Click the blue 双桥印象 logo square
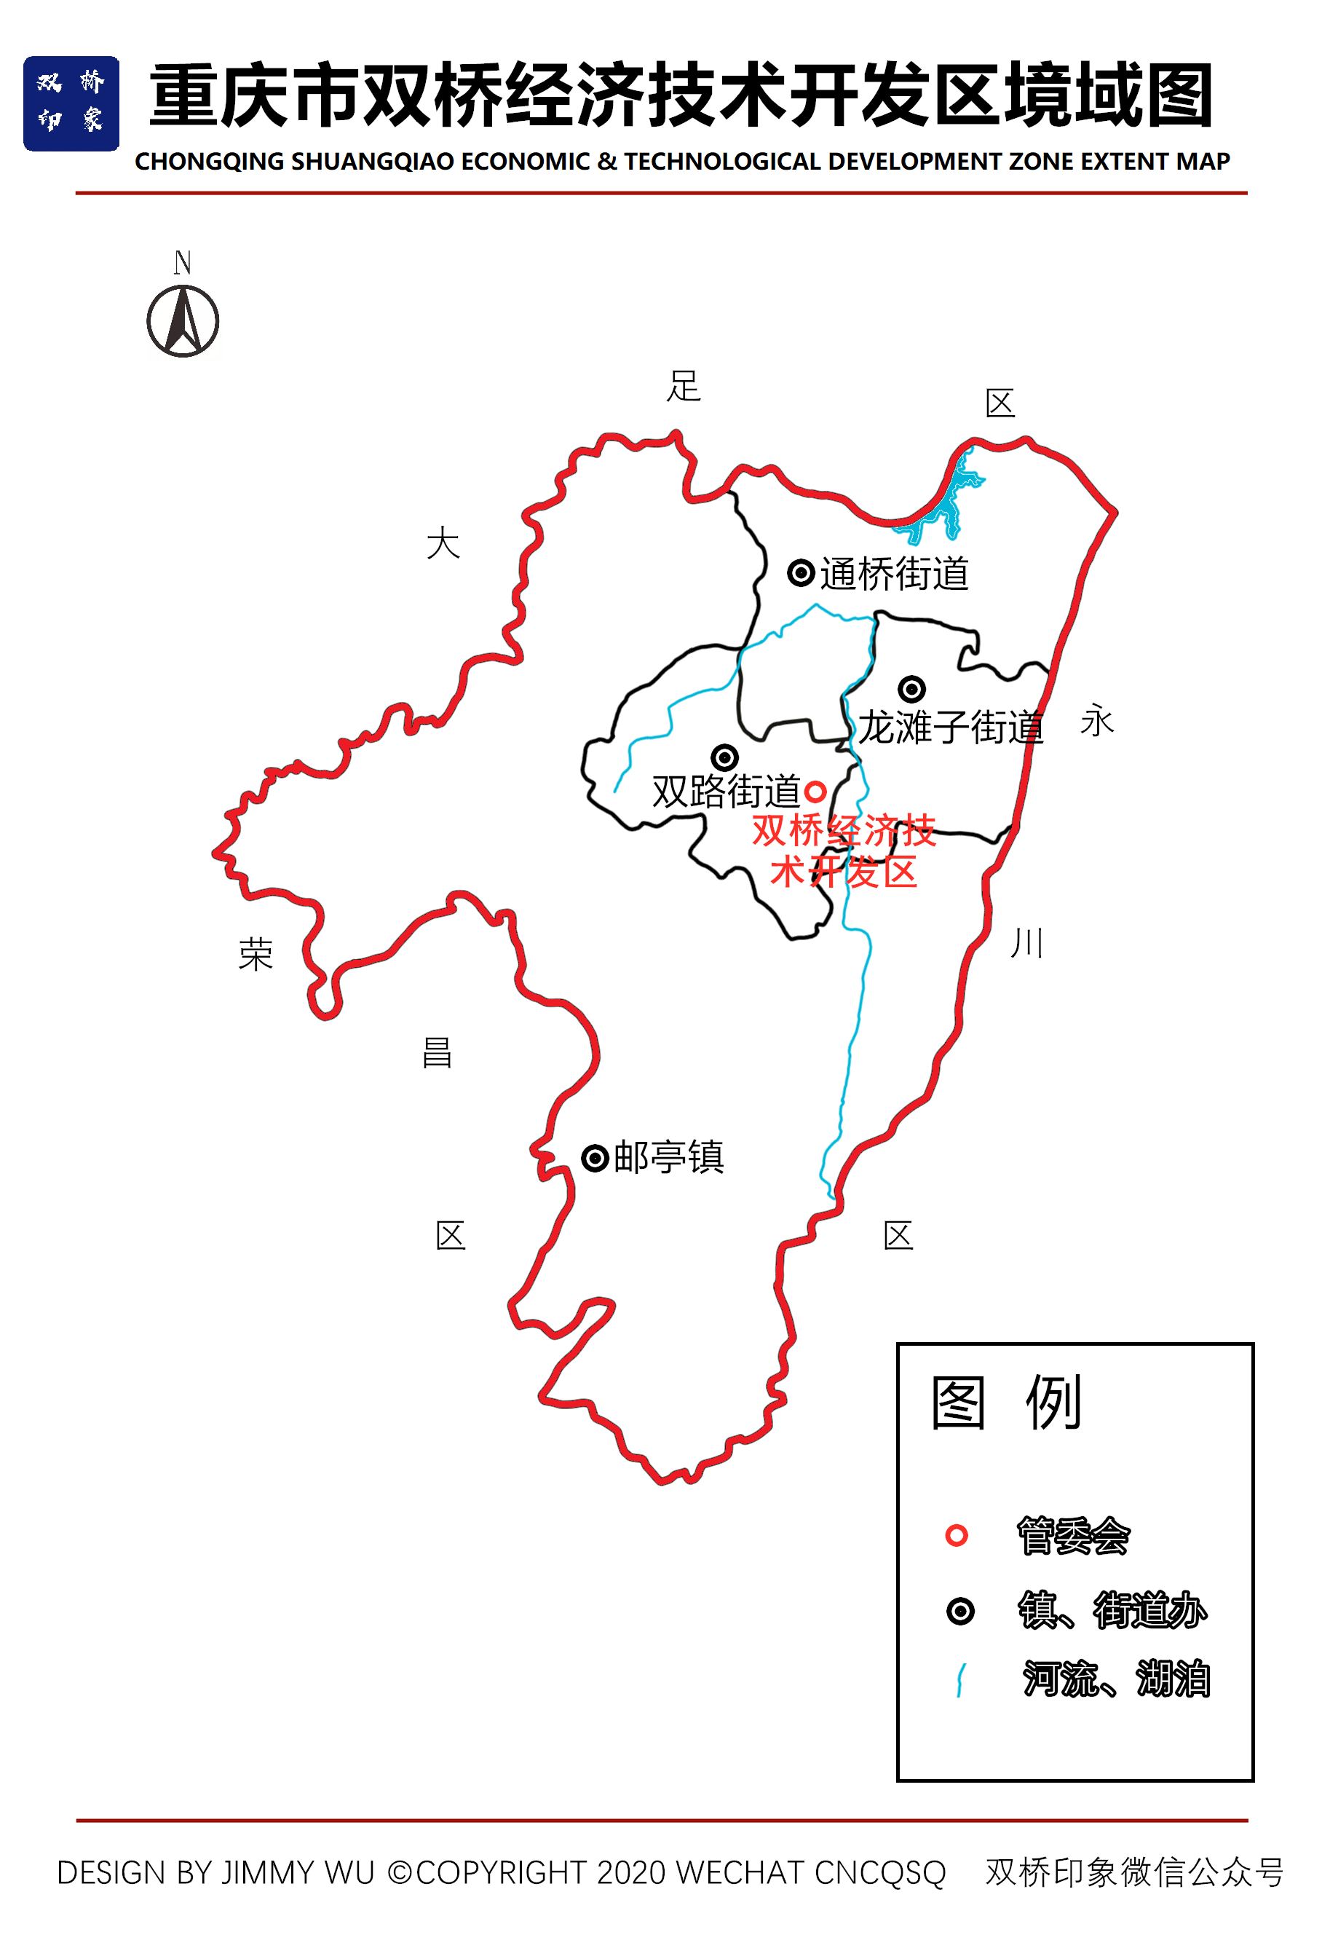[x=71, y=103]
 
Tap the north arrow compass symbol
[x=183, y=320]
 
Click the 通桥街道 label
[x=894, y=575]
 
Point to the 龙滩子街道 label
[x=951, y=726]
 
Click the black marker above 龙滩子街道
[x=911, y=689]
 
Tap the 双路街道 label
[x=726, y=791]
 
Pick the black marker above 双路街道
[x=724, y=757]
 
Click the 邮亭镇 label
[x=668, y=1158]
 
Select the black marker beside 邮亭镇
[x=595, y=1159]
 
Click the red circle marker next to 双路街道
[x=815, y=792]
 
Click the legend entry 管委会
[x=1072, y=1536]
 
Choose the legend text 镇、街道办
[x=1112, y=1610]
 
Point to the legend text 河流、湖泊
[x=1116, y=1679]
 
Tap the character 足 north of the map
[x=684, y=387]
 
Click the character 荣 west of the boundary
[x=256, y=954]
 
